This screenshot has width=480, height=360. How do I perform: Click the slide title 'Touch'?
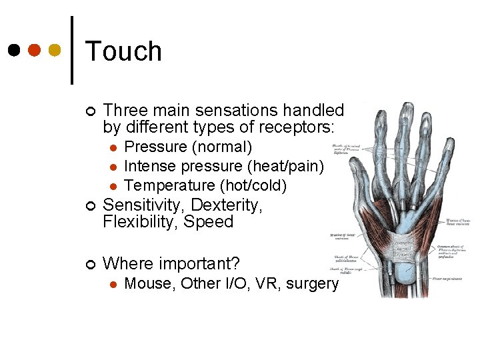click(x=124, y=51)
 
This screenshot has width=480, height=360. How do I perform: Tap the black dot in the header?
click(x=15, y=50)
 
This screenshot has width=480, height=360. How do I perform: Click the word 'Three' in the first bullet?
click(x=123, y=110)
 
